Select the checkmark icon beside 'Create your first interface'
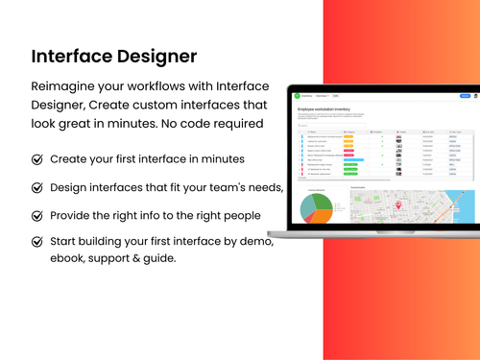point(37,159)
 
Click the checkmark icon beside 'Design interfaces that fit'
point(37,187)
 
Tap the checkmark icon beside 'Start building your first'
point(37,242)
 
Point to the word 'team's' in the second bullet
point(228,187)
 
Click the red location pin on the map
point(396,204)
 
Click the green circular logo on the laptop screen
point(298,96)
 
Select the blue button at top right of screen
point(465,96)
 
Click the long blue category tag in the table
point(352,160)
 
